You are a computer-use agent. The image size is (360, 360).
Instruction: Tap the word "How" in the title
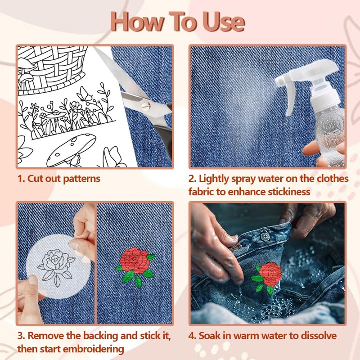(x=138, y=22)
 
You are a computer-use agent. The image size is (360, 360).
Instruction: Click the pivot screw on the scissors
(x=146, y=106)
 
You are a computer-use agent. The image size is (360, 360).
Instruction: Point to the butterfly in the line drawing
(x=85, y=94)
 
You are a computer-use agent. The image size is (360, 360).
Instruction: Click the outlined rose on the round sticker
(x=56, y=266)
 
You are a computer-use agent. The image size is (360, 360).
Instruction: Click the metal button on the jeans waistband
(x=265, y=237)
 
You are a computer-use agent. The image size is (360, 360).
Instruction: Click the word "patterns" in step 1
(x=81, y=179)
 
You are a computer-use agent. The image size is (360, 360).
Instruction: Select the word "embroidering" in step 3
(x=93, y=350)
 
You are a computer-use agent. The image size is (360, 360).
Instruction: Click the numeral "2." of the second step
(x=193, y=179)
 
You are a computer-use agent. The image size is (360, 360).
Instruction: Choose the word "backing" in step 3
(x=100, y=336)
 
